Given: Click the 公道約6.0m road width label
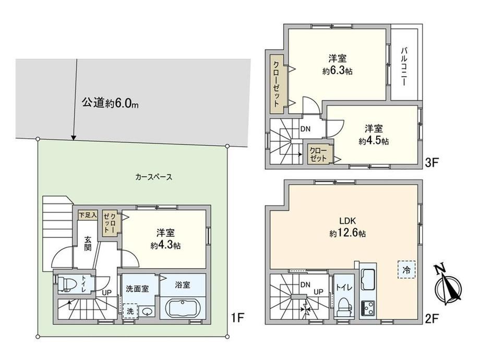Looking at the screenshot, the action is point(110,103).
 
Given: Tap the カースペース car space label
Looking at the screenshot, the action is point(154,177).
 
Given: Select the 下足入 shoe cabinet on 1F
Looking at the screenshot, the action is point(88,215).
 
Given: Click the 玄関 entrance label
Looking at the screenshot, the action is point(88,243).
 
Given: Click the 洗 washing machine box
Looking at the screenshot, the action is point(130,311).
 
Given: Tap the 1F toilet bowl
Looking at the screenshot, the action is point(66,284).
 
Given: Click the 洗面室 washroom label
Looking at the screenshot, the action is point(137,289).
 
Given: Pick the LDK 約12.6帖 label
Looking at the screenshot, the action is point(347,227).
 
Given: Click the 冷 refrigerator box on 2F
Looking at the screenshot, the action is point(406,270).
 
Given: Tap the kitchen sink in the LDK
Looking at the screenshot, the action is point(368,279).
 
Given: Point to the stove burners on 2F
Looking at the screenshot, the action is point(368,308).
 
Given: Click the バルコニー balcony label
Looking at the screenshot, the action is point(404,66).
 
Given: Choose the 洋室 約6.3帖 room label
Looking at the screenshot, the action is point(337,64).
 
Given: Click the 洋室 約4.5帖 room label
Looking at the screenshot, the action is point(374,135).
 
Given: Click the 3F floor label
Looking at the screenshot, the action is point(431,163).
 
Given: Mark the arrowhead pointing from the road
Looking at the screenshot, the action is point(74,138).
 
